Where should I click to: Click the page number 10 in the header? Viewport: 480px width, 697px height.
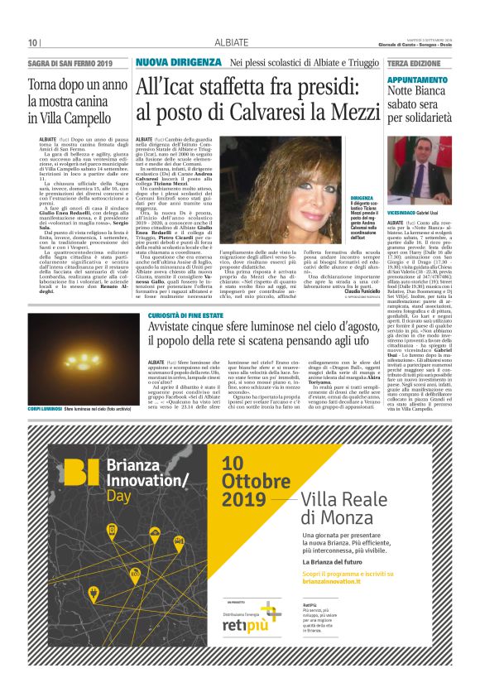(33, 43)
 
